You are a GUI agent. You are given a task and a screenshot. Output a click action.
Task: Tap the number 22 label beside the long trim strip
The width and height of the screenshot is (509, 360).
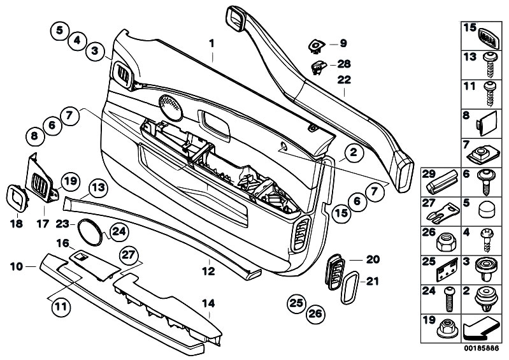point(344,80)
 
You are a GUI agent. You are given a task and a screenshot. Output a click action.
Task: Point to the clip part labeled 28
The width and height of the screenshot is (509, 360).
point(317,65)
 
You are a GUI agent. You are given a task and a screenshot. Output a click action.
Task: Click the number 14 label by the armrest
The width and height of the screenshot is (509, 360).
point(208,303)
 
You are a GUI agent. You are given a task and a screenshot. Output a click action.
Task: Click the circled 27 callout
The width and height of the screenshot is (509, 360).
point(129,254)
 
